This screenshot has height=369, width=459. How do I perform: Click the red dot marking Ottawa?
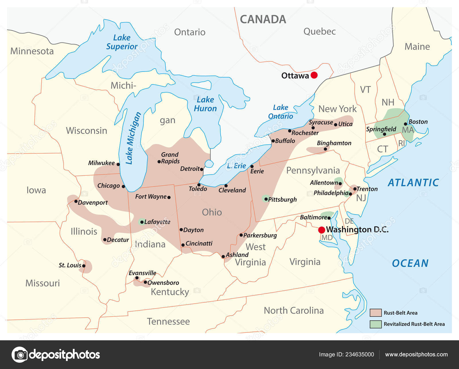314,75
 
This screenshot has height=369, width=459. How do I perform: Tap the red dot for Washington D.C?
322,230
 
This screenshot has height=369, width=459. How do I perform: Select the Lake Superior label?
122,42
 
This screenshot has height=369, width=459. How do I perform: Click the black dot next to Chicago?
123,186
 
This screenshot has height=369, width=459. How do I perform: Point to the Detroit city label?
190,169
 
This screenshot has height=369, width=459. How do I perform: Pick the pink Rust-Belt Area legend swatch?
376,313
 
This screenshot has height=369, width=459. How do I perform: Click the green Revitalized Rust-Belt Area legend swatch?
376,324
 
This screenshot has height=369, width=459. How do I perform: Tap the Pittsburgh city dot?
266,199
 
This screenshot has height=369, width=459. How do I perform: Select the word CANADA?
263,20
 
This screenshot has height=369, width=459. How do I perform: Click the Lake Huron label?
205,104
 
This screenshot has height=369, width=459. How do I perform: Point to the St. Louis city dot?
84,266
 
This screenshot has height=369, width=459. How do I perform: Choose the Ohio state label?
212,212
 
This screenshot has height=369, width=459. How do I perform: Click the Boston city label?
418,122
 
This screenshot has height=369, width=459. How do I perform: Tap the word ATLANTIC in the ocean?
413,183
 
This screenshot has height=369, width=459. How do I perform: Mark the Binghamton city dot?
325,149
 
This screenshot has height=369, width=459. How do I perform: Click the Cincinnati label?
199,244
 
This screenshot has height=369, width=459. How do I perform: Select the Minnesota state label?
32,51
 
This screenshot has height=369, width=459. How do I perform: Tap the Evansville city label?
142,273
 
